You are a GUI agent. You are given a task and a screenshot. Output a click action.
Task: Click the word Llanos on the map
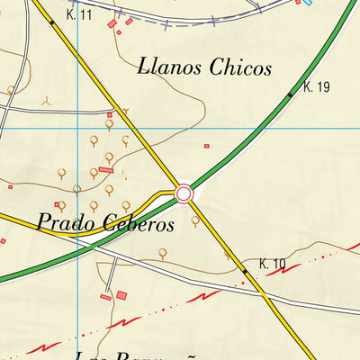click(x=170, y=67)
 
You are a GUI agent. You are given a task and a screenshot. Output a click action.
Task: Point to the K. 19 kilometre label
click(x=318, y=87)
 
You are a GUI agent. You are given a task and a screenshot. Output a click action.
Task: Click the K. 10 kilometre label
click(x=272, y=264)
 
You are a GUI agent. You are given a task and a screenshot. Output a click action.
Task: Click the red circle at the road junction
click(x=184, y=193)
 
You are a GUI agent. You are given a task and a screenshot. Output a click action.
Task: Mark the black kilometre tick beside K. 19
click(x=290, y=94)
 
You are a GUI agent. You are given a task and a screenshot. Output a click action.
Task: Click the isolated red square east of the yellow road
click(x=206, y=145)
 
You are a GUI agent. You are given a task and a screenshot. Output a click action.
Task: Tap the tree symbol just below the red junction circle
click(x=195, y=219)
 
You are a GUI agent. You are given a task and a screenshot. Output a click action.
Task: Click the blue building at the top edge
click(x=307, y=3)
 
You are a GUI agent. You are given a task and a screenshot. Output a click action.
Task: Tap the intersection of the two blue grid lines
click(x=78, y=129)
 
